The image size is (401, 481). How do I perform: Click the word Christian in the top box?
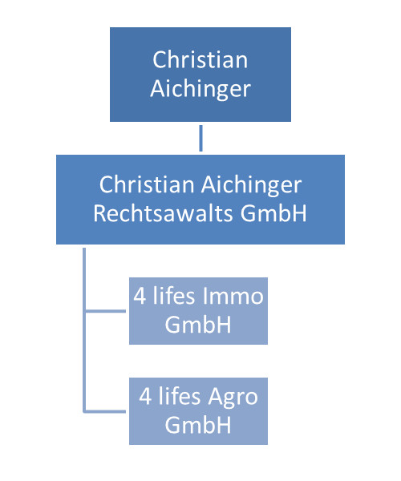click(200, 59)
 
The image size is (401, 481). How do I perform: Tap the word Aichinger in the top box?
click(200, 89)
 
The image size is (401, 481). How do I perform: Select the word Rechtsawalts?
click(163, 213)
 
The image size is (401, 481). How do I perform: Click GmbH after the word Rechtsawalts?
click(273, 213)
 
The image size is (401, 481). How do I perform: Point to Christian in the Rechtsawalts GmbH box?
click(147, 184)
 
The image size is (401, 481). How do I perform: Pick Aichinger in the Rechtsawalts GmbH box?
click(252, 186)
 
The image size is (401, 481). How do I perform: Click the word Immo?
click(233, 297)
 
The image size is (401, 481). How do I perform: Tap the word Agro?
click(233, 398)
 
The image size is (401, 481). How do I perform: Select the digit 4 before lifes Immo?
click(140, 297)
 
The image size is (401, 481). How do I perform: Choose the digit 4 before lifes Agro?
click(145, 396)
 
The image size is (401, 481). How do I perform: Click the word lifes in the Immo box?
click(174, 296)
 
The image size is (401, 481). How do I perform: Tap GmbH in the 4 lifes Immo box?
click(198, 325)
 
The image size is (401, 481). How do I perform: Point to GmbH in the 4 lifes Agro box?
click(198, 425)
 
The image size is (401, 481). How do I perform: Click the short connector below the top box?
click(201, 138)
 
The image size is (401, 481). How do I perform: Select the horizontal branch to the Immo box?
click(105, 311)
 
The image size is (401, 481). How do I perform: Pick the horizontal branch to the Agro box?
click(105, 411)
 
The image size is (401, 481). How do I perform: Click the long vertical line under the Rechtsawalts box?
click(84, 330)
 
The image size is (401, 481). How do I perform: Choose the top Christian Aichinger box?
click(200, 75)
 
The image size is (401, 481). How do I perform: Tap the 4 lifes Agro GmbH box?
click(198, 411)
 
